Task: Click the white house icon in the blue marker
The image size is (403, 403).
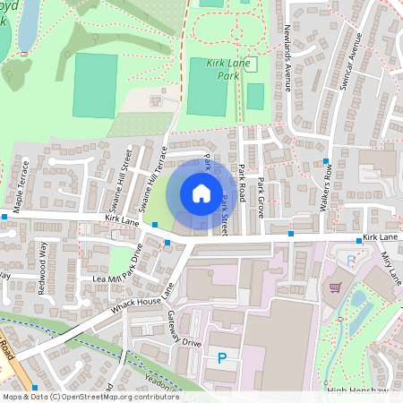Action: [201, 193]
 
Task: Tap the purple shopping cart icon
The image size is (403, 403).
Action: [336, 287]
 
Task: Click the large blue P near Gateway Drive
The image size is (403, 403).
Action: [221, 358]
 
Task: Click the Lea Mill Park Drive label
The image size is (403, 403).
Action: [125, 264]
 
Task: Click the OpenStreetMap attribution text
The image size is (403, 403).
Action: [90, 396]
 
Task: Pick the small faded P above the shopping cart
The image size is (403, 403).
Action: [350, 261]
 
